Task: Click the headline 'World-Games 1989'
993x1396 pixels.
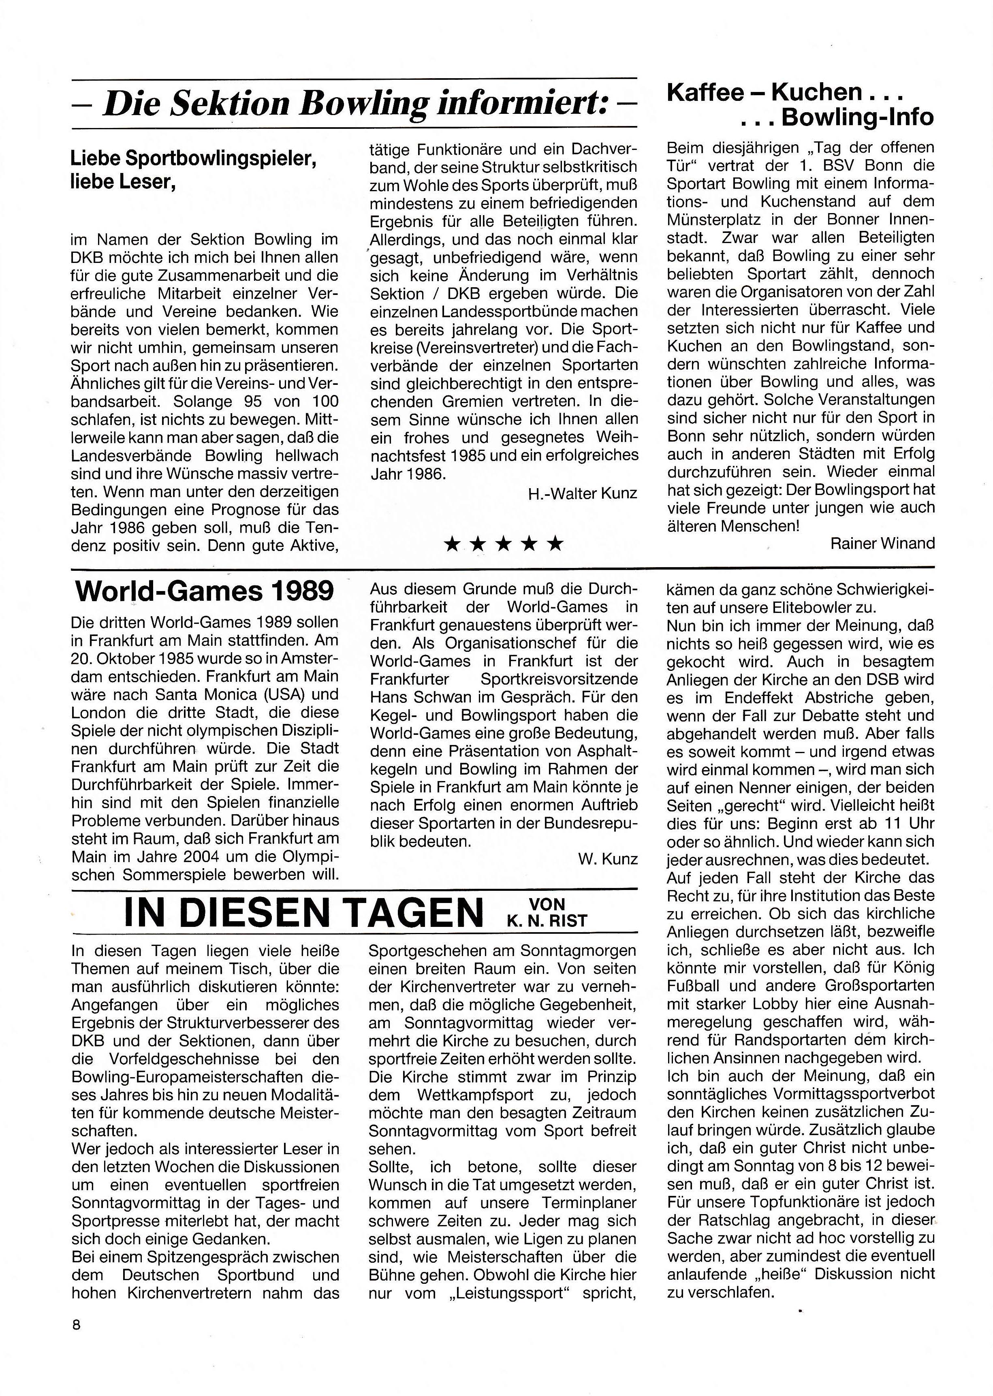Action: pyautogui.click(x=204, y=591)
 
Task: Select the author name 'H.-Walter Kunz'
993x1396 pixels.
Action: pyautogui.click(x=583, y=493)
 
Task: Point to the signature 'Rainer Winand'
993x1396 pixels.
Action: pyautogui.click(x=882, y=543)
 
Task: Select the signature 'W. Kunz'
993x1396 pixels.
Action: pyautogui.click(x=607, y=859)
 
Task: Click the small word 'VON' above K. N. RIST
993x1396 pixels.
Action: pyautogui.click(x=547, y=904)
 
